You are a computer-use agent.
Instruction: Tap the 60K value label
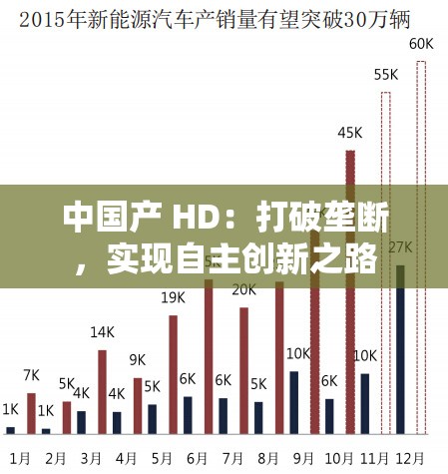tap(421, 43)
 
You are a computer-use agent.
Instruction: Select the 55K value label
tap(386, 75)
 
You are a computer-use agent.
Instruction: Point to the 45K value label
tap(350, 132)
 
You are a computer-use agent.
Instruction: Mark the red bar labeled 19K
tap(173, 374)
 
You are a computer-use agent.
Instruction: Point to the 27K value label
tap(401, 246)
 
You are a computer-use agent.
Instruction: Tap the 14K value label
tap(102, 332)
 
